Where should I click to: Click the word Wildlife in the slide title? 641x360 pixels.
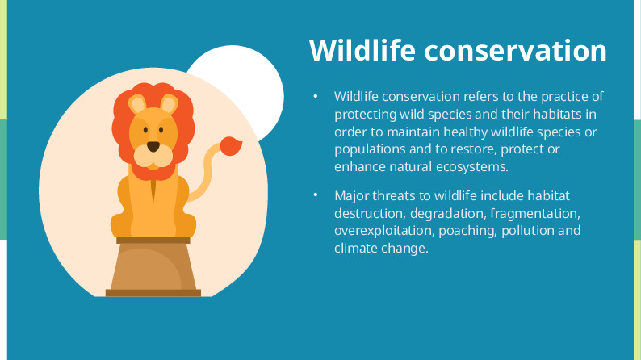pyautogui.click(x=362, y=50)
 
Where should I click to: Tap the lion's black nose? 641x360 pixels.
pyautogui.click(x=153, y=147)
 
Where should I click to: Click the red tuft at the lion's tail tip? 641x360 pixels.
pyautogui.click(x=231, y=146)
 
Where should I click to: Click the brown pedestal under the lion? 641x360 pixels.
pyautogui.click(x=153, y=266)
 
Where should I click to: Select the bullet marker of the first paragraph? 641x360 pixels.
pyautogui.click(x=316, y=97)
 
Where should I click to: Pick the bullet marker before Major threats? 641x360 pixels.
pyautogui.click(x=316, y=196)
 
